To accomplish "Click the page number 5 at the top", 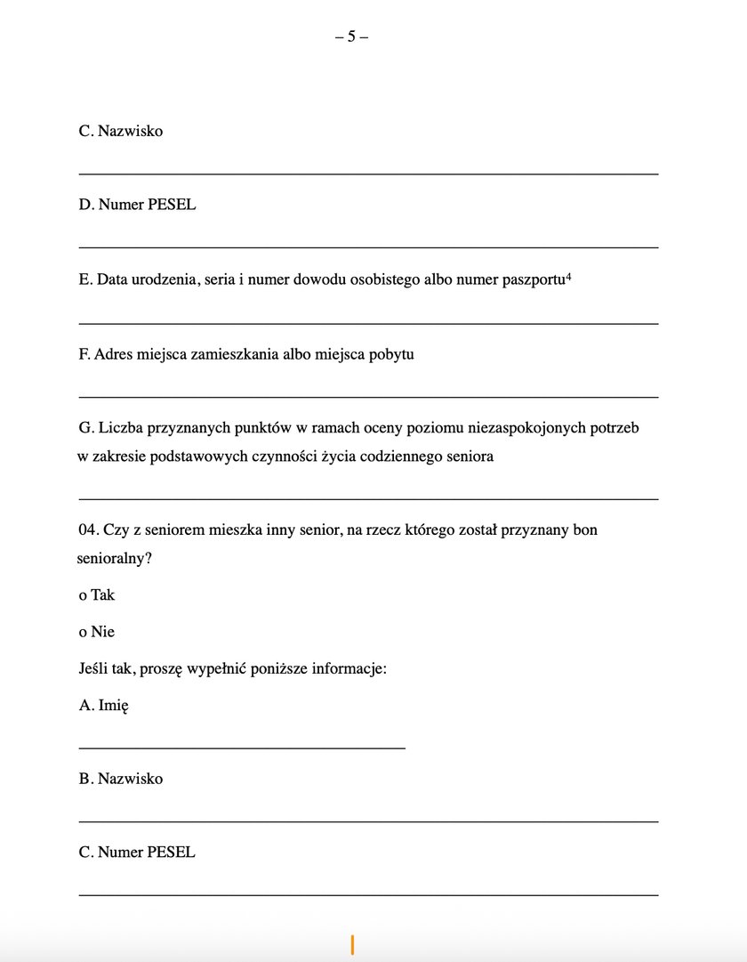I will point(351,36).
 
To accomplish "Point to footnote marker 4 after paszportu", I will point(567,276).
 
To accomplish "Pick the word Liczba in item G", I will point(122,428).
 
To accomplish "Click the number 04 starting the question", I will point(87,530).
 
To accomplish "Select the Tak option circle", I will point(83,595).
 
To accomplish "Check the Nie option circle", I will point(83,633).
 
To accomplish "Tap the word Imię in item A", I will point(114,705).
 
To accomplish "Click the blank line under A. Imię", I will point(242,748).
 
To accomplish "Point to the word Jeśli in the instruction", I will point(96,669).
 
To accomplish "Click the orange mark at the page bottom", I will point(353,945).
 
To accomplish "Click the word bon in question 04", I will point(585,530).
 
